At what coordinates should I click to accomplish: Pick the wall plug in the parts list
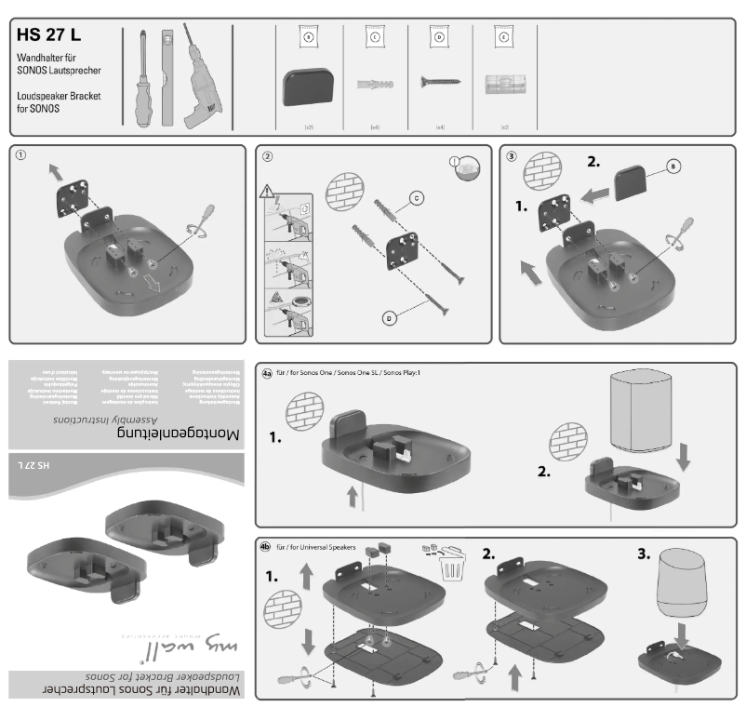pos(375,87)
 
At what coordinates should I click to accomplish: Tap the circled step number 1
pos(20,156)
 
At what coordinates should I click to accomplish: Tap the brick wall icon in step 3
pos(540,173)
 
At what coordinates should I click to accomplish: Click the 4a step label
pos(267,373)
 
